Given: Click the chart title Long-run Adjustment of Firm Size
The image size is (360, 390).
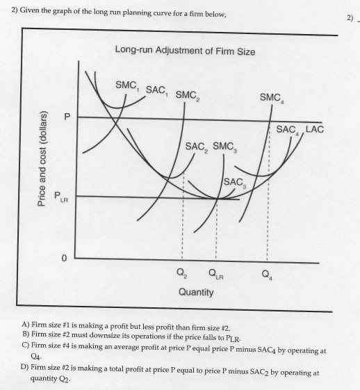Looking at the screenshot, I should [185, 51].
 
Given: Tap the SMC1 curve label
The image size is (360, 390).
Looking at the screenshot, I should [127, 86].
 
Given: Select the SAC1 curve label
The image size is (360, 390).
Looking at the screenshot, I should [157, 91].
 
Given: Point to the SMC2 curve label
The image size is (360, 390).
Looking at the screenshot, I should [188, 95].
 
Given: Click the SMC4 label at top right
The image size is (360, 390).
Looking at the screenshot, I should [271, 99].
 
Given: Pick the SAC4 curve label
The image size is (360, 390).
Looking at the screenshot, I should [288, 130].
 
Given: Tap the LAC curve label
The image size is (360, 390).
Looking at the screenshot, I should [316, 129].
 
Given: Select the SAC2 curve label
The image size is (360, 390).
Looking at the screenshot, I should [198, 147].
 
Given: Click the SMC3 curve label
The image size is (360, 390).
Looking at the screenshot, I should [227, 147].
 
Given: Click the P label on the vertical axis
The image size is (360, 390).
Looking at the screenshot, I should [68, 117].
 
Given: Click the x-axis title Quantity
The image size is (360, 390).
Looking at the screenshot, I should [196, 292].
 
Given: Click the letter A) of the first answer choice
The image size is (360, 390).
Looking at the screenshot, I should [26, 325].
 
